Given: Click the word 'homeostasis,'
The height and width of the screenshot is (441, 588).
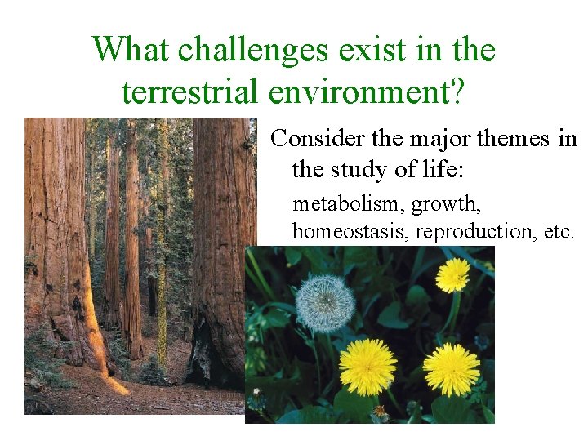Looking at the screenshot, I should coord(350,231).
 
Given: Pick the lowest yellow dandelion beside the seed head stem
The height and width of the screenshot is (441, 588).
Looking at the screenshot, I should coord(367,367).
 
